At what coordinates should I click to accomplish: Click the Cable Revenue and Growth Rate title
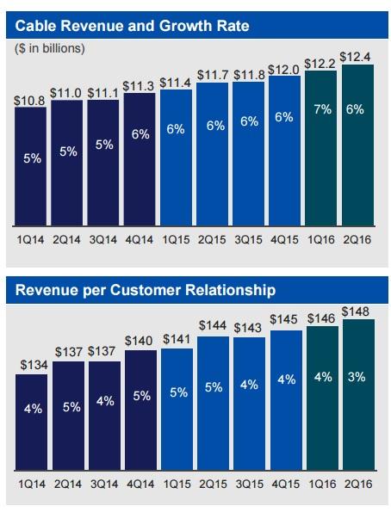(x=133, y=26)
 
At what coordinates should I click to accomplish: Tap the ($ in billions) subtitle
(x=50, y=48)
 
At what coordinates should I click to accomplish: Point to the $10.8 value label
(x=29, y=101)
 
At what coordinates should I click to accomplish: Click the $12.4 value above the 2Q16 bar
(x=357, y=58)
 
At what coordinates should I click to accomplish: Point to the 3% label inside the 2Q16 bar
(x=357, y=377)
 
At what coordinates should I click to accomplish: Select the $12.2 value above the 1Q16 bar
(x=321, y=63)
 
